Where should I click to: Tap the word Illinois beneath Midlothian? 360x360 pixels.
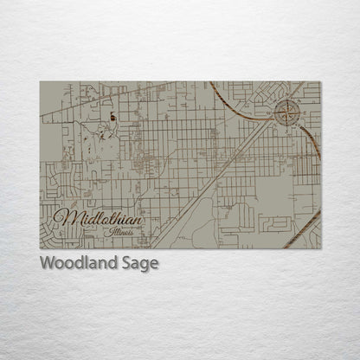118,231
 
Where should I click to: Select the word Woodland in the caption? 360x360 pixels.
79,264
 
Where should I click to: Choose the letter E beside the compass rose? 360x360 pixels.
299,110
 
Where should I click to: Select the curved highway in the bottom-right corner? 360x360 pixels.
303,229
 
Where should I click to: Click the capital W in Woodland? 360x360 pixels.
48,264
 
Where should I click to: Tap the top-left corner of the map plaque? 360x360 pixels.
40,82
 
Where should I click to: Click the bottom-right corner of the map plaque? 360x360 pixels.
320,248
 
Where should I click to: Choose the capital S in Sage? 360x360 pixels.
126,264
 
